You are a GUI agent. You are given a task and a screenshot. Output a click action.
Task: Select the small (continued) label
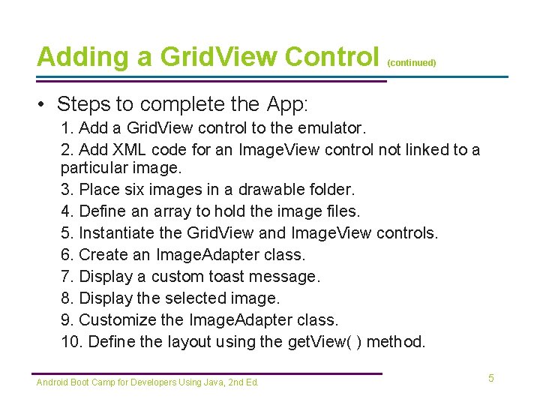coord(412,64)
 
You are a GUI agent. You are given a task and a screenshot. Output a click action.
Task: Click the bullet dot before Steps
coord(43,103)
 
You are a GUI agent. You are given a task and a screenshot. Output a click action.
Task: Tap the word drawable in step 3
coord(248,190)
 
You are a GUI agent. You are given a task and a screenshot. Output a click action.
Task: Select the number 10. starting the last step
coord(73,342)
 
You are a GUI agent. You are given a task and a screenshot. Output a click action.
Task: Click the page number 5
coord(491,378)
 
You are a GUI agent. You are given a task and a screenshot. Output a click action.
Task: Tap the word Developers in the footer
coord(155,382)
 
